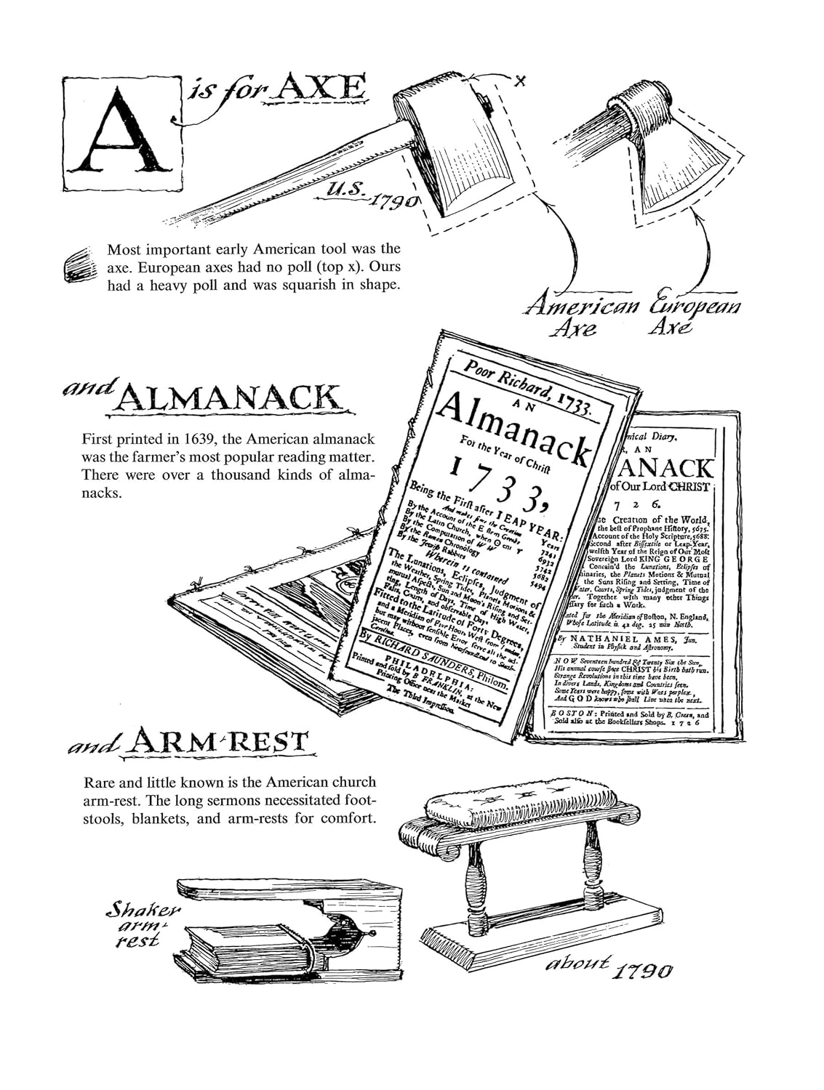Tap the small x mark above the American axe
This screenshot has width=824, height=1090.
point(519,81)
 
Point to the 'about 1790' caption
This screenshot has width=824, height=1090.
point(607,967)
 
